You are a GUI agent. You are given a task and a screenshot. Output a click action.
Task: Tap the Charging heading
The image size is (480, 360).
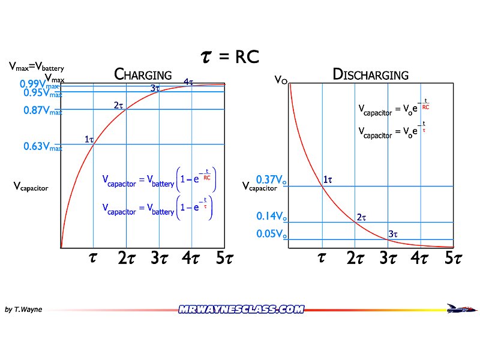click(x=143, y=75)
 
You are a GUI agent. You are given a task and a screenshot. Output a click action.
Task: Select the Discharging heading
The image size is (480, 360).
click(x=370, y=75)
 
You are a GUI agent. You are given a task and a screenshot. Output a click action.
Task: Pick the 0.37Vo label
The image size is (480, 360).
click(x=271, y=179)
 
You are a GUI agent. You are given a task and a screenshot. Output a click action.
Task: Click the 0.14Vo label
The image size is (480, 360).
click(x=271, y=216)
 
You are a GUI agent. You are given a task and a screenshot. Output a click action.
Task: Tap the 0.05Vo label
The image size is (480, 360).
click(x=271, y=234)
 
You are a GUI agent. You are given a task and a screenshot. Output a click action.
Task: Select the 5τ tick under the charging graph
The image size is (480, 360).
click(x=223, y=259)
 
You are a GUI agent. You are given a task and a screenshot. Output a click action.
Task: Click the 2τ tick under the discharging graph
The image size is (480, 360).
click(x=355, y=259)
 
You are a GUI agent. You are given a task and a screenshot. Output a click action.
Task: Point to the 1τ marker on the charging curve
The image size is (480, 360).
click(x=89, y=140)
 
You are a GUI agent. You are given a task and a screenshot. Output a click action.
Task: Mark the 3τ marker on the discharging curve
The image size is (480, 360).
click(x=393, y=234)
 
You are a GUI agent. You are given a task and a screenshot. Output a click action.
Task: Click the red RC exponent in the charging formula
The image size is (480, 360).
click(x=206, y=177)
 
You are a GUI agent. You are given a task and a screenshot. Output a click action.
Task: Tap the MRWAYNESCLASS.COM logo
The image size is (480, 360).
click(x=241, y=310)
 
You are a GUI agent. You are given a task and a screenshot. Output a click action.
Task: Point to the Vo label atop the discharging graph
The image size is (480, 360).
click(x=280, y=79)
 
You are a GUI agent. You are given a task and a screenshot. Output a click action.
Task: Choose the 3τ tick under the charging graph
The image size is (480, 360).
click(x=159, y=259)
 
